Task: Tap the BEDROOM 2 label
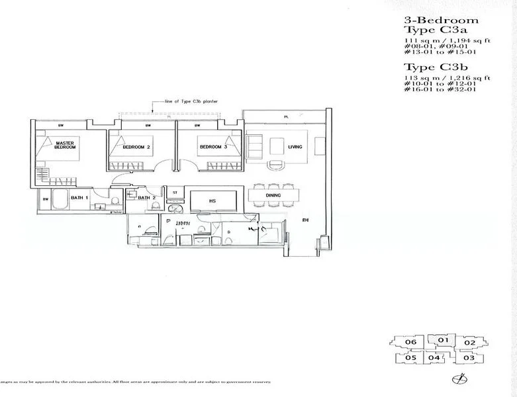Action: (137, 147)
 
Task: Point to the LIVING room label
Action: (295, 147)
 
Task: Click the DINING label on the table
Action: (273, 195)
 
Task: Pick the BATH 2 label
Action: (146, 197)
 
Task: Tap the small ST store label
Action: (175, 193)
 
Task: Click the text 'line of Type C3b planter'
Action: (191, 101)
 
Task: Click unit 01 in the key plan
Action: (444, 341)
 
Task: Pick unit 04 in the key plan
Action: (434, 358)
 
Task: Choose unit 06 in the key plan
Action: (410, 343)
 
